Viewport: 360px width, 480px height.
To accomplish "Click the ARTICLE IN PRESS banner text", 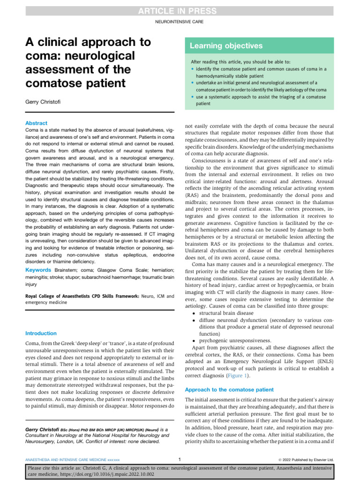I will (x=180, y=11).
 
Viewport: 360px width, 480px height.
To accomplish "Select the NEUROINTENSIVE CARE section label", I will (x=180, y=22).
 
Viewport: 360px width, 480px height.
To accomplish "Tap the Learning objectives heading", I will (x=226, y=46).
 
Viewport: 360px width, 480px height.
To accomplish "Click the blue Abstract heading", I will (x=36, y=123).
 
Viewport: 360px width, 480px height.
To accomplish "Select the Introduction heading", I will (x=41, y=333).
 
